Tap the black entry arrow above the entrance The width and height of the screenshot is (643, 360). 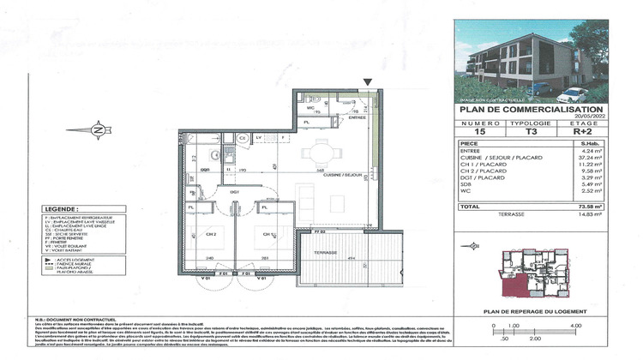[368, 81]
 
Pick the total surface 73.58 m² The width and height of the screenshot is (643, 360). [589, 207]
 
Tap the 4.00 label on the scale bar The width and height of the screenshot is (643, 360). [574, 325]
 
